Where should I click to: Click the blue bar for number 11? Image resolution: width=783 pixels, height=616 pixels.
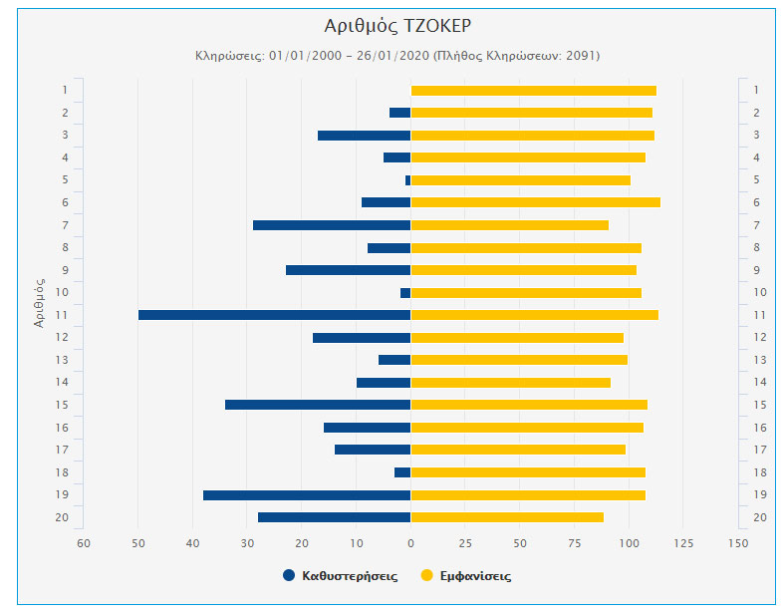tap(274, 315)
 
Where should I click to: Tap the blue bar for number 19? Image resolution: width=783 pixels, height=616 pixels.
tap(307, 495)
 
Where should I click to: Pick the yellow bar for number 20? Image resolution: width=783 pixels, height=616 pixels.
tap(507, 517)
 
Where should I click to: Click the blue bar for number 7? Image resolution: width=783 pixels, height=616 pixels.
tap(332, 225)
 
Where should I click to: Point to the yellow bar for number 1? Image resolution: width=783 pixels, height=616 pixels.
tap(533, 91)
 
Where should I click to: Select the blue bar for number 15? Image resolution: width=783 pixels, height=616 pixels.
tap(318, 405)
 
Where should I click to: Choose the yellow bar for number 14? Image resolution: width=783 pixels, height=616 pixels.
tap(510, 383)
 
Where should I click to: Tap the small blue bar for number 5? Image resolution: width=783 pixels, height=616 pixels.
tap(407, 180)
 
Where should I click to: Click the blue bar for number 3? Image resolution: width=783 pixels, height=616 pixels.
tap(364, 136)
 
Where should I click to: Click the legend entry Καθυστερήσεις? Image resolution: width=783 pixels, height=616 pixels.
tap(349, 576)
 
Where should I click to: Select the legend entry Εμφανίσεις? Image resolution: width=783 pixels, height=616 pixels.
tap(474, 576)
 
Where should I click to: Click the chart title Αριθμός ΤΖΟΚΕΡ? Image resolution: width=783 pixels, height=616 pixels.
tap(391, 26)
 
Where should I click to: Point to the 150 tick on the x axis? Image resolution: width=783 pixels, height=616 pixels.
tap(737, 543)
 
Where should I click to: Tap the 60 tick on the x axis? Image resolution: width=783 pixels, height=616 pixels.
tap(84, 543)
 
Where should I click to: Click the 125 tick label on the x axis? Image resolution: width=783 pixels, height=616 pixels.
tap(683, 543)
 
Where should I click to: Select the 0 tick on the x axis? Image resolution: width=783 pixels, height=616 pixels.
tap(410, 543)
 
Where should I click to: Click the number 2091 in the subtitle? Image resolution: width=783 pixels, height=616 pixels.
tap(579, 56)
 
